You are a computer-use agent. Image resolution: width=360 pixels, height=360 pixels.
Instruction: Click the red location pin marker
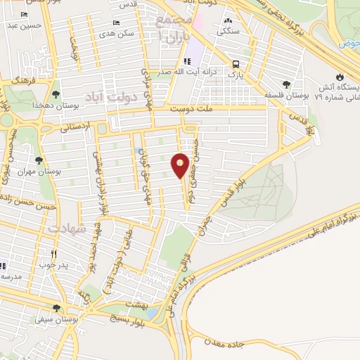(181, 166)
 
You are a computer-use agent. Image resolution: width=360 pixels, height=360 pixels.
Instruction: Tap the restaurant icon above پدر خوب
(53, 255)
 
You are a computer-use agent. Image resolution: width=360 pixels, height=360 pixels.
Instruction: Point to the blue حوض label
(348, 44)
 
